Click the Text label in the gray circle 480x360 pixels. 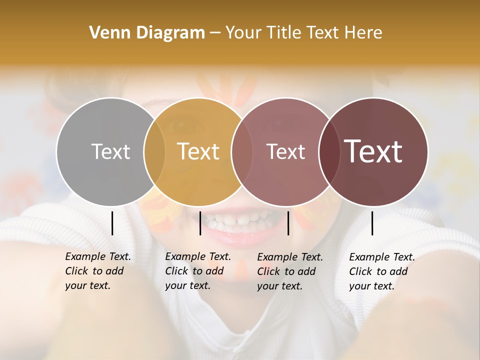click(111, 151)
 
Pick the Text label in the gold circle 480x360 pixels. click(198, 151)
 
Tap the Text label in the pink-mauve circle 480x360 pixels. click(285, 151)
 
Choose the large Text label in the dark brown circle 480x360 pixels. click(373, 151)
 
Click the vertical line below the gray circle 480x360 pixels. click(112, 223)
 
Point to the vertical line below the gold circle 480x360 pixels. click(200, 223)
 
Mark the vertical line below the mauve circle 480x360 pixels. click(288, 223)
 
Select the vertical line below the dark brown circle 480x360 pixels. click(372, 223)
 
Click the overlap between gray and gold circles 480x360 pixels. click(154, 151)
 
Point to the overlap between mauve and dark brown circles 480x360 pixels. click(329, 151)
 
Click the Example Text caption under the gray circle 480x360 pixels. click(97, 271)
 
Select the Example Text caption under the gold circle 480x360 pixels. click(197, 271)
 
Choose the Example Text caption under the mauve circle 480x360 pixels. click(289, 271)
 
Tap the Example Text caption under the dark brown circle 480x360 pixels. click(381, 271)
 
